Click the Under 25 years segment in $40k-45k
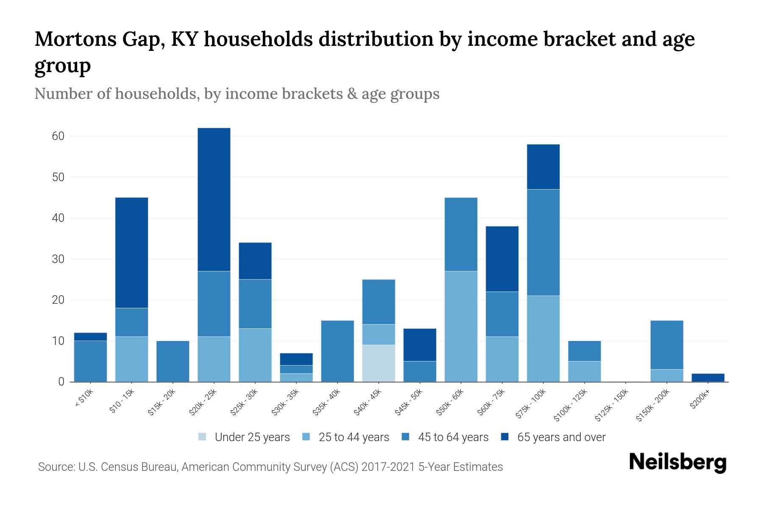point(379,363)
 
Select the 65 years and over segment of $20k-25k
point(214,199)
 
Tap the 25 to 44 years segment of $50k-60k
point(461,326)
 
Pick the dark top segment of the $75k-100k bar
point(543,167)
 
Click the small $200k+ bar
point(708,378)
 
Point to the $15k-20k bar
point(173,361)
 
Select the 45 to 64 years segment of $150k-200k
point(667,345)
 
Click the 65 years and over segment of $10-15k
point(132,252)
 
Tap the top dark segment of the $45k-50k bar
point(420,344)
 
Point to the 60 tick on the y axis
point(58,136)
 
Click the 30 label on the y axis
point(58,259)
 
